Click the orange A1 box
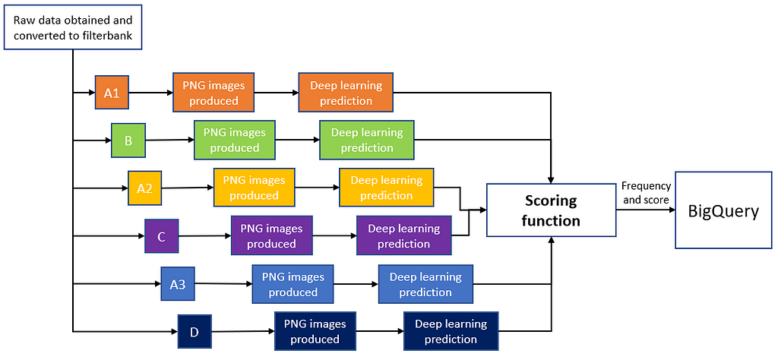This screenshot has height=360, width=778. coord(112,93)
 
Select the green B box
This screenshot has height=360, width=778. coord(128,140)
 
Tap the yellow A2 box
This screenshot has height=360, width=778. coord(144,188)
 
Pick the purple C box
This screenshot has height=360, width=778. coord(161,236)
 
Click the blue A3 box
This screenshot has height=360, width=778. coord(177,284)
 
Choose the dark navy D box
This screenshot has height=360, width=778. coord(194,332)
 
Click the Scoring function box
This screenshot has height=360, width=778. coord(551,210)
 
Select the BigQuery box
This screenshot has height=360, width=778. coord(723,210)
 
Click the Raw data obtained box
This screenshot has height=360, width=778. coord(73,27)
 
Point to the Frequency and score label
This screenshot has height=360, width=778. coord(645,193)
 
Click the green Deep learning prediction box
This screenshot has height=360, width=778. coord(367,140)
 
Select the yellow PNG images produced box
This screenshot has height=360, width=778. coord(254,188)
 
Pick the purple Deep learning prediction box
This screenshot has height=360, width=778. coord(403,236)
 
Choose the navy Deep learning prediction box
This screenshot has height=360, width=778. coord(451,331)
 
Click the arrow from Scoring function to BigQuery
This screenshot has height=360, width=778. coord(645,211)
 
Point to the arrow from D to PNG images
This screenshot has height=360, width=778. coord(241,331)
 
